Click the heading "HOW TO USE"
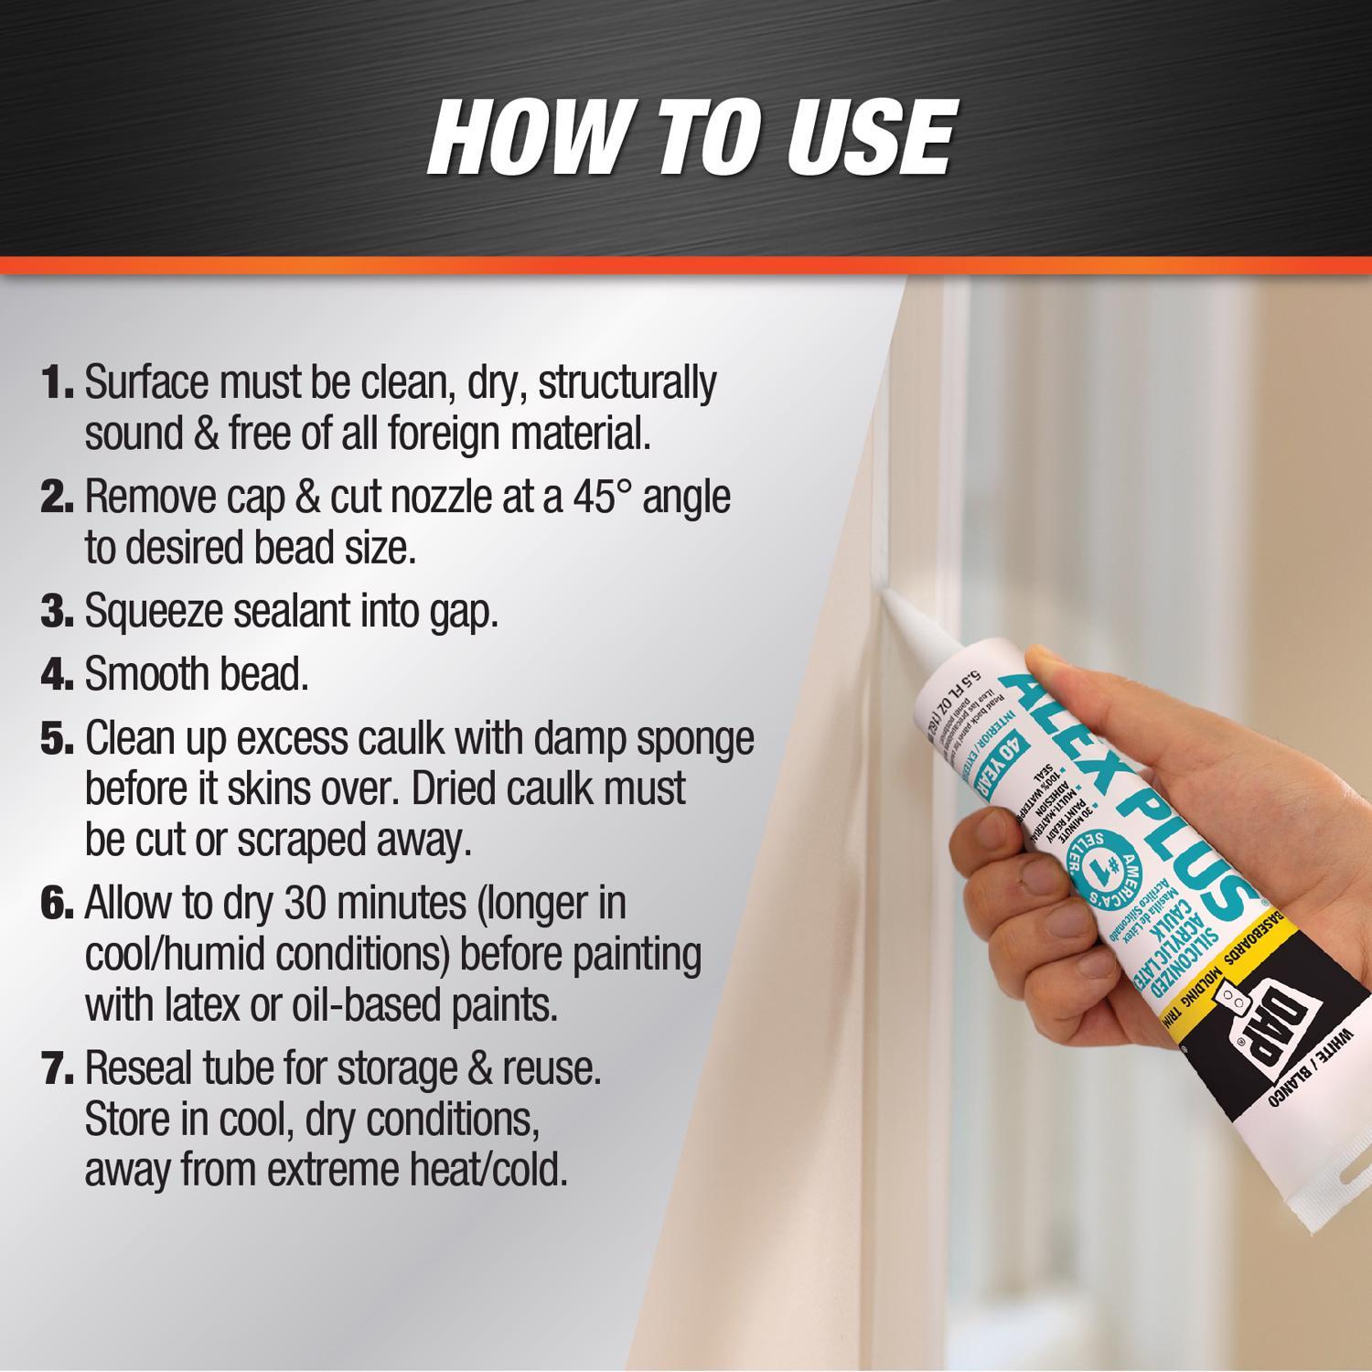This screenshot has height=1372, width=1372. pos(691,137)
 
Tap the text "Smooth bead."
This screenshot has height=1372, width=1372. pos(197,675)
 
